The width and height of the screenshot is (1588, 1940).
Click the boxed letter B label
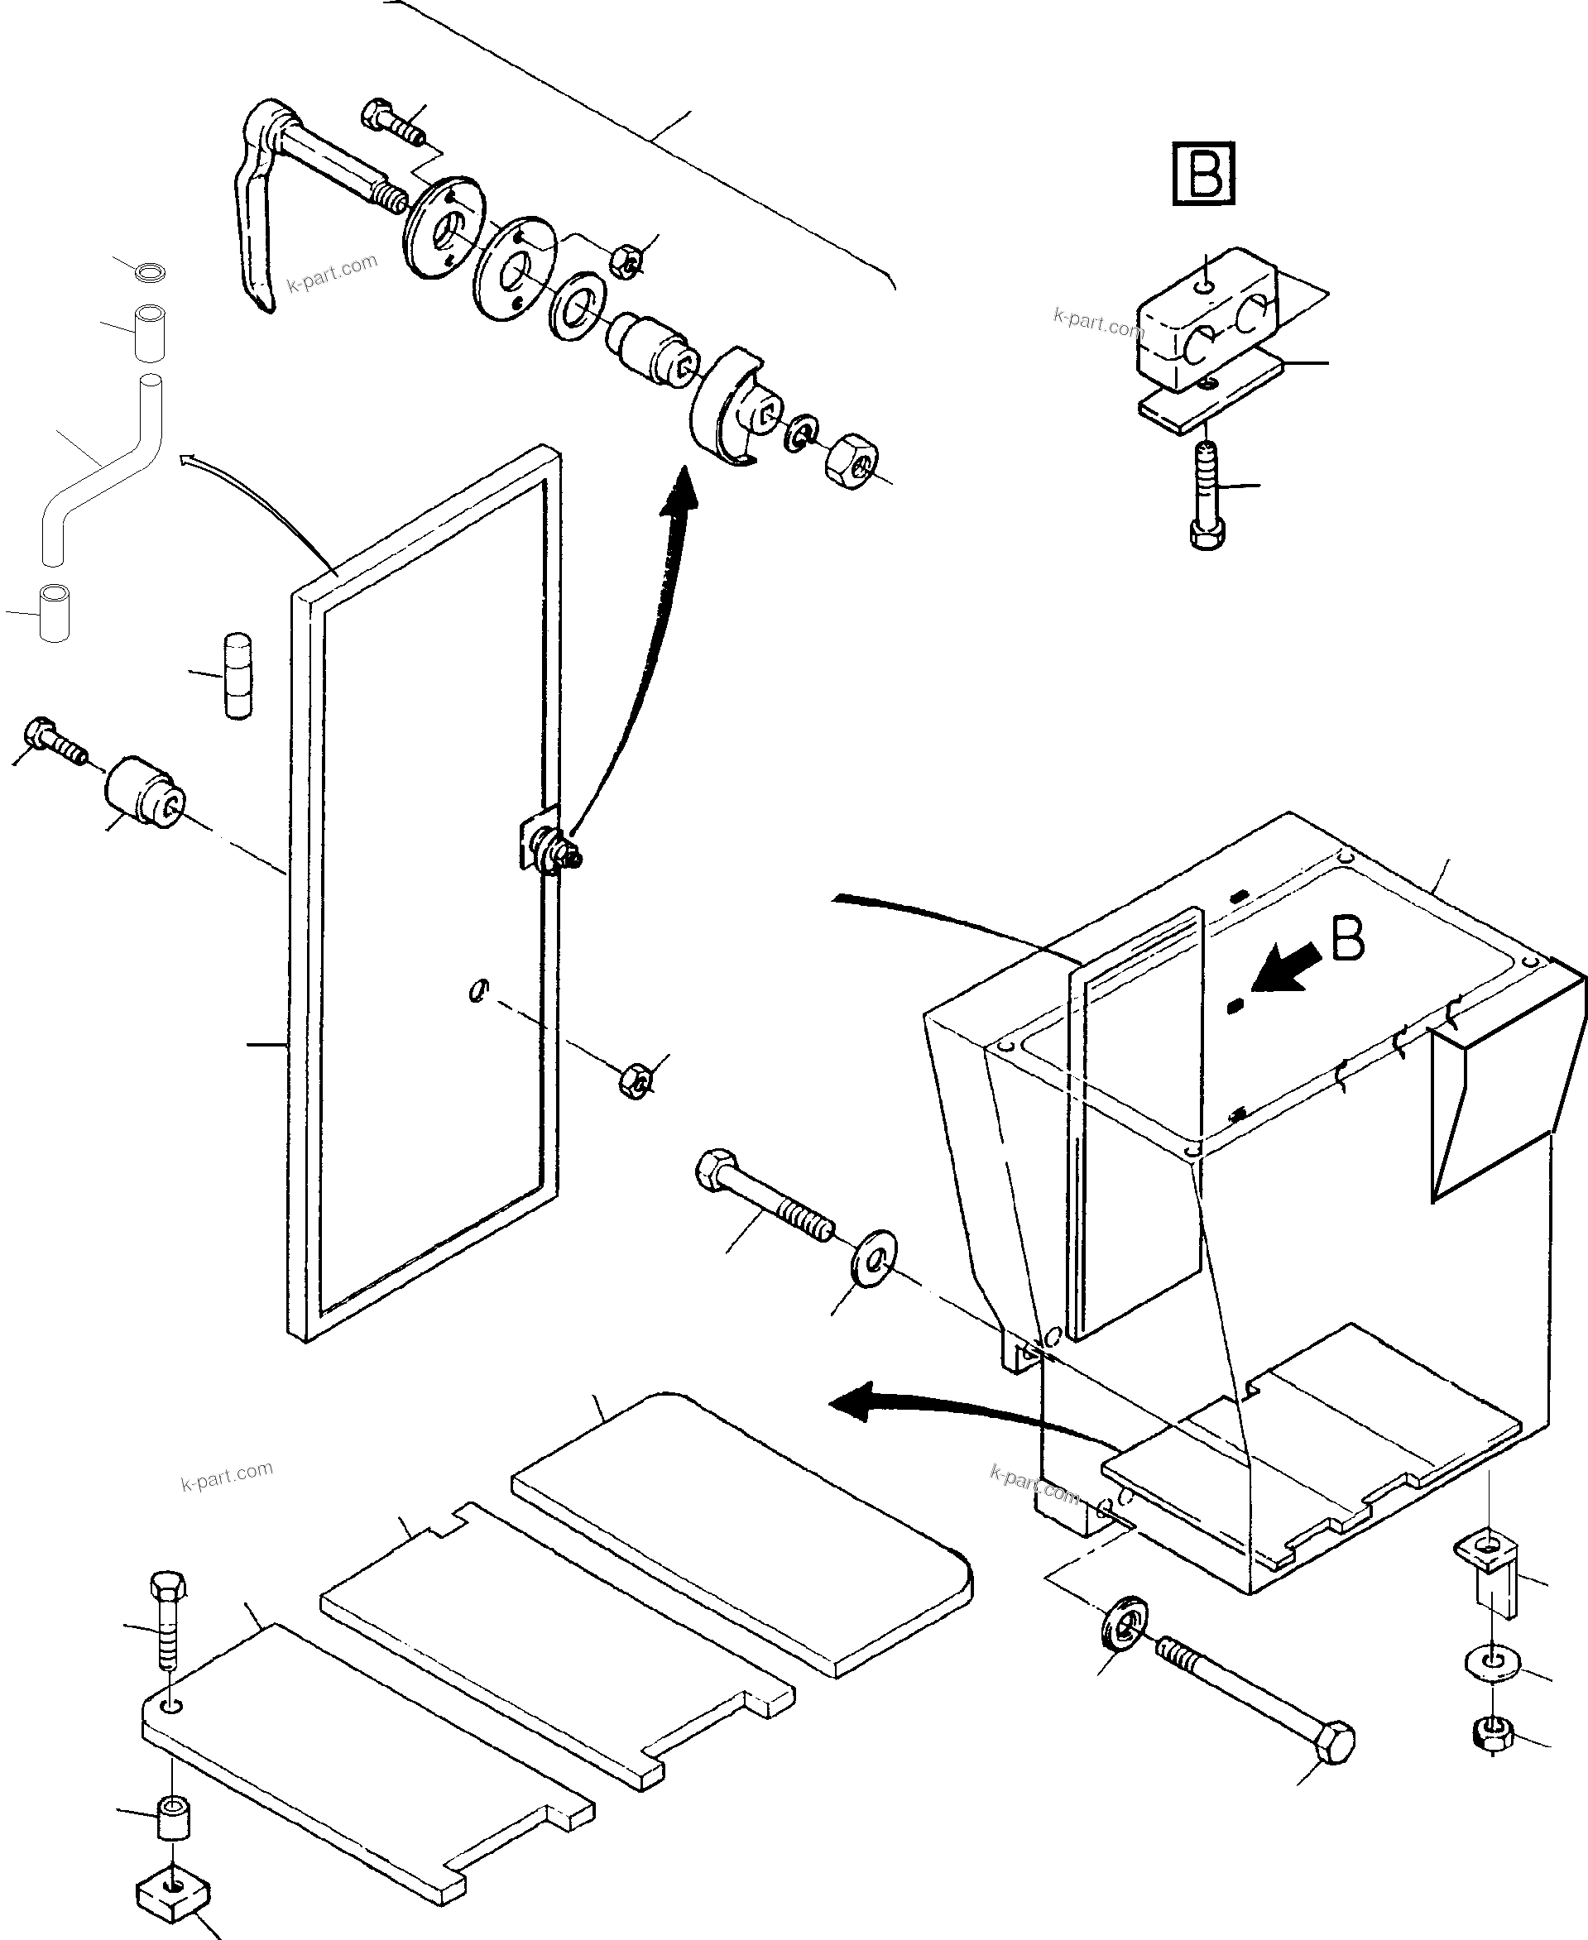pyautogui.click(x=1204, y=173)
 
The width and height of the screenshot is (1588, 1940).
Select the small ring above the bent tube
pyautogui.click(x=150, y=271)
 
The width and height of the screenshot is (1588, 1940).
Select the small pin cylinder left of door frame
pyautogui.click(x=237, y=676)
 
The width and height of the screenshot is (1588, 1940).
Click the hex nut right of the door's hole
pyautogui.click(x=635, y=1080)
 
